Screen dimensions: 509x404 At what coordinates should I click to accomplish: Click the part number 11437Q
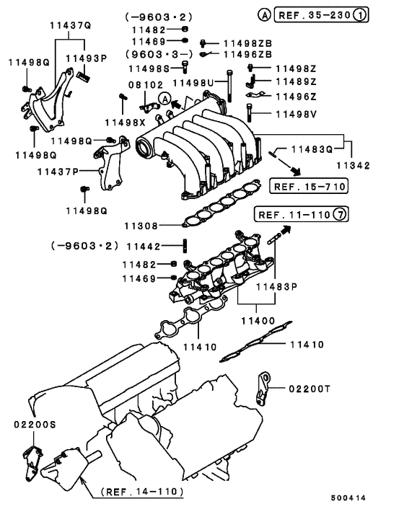(71, 25)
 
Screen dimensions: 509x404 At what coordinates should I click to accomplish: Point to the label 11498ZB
(247, 43)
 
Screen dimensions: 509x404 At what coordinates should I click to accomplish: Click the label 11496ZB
(247, 54)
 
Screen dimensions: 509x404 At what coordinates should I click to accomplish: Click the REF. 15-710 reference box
(309, 187)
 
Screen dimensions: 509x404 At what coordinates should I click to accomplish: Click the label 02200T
(309, 388)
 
